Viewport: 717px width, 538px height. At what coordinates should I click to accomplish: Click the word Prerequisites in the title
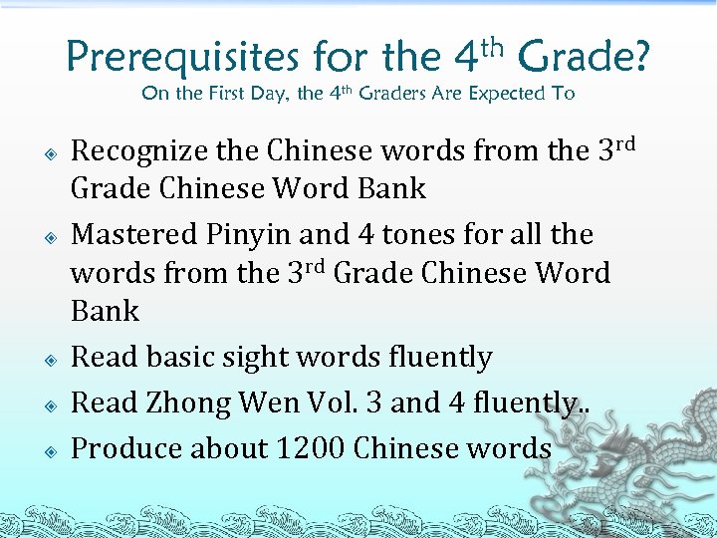tap(182, 58)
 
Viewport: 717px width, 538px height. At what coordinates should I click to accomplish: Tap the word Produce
tap(126, 448)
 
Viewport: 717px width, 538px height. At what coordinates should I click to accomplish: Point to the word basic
tap(197, 357)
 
